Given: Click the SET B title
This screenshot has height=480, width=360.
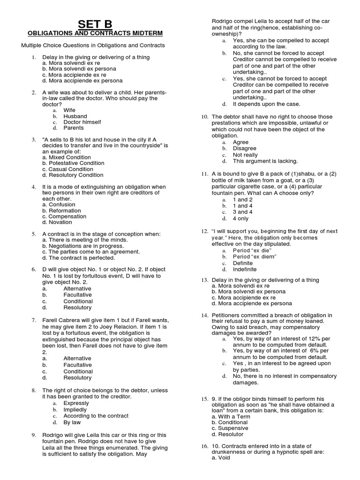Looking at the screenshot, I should pyautogui.click(x=95, y=24).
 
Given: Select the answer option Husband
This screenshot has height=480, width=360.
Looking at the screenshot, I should pyautogui.click(x=75, y=116).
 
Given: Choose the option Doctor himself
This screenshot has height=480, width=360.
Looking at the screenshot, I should pyautogui.click(x=82, y=122).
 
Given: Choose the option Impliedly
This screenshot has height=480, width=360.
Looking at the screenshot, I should pyautogui.click(x=75, y=410).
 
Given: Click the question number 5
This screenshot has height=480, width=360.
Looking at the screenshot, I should pyautogui.click(x=34, y=234).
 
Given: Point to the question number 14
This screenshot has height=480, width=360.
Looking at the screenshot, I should pyautogui.click(x=204, y=315).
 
